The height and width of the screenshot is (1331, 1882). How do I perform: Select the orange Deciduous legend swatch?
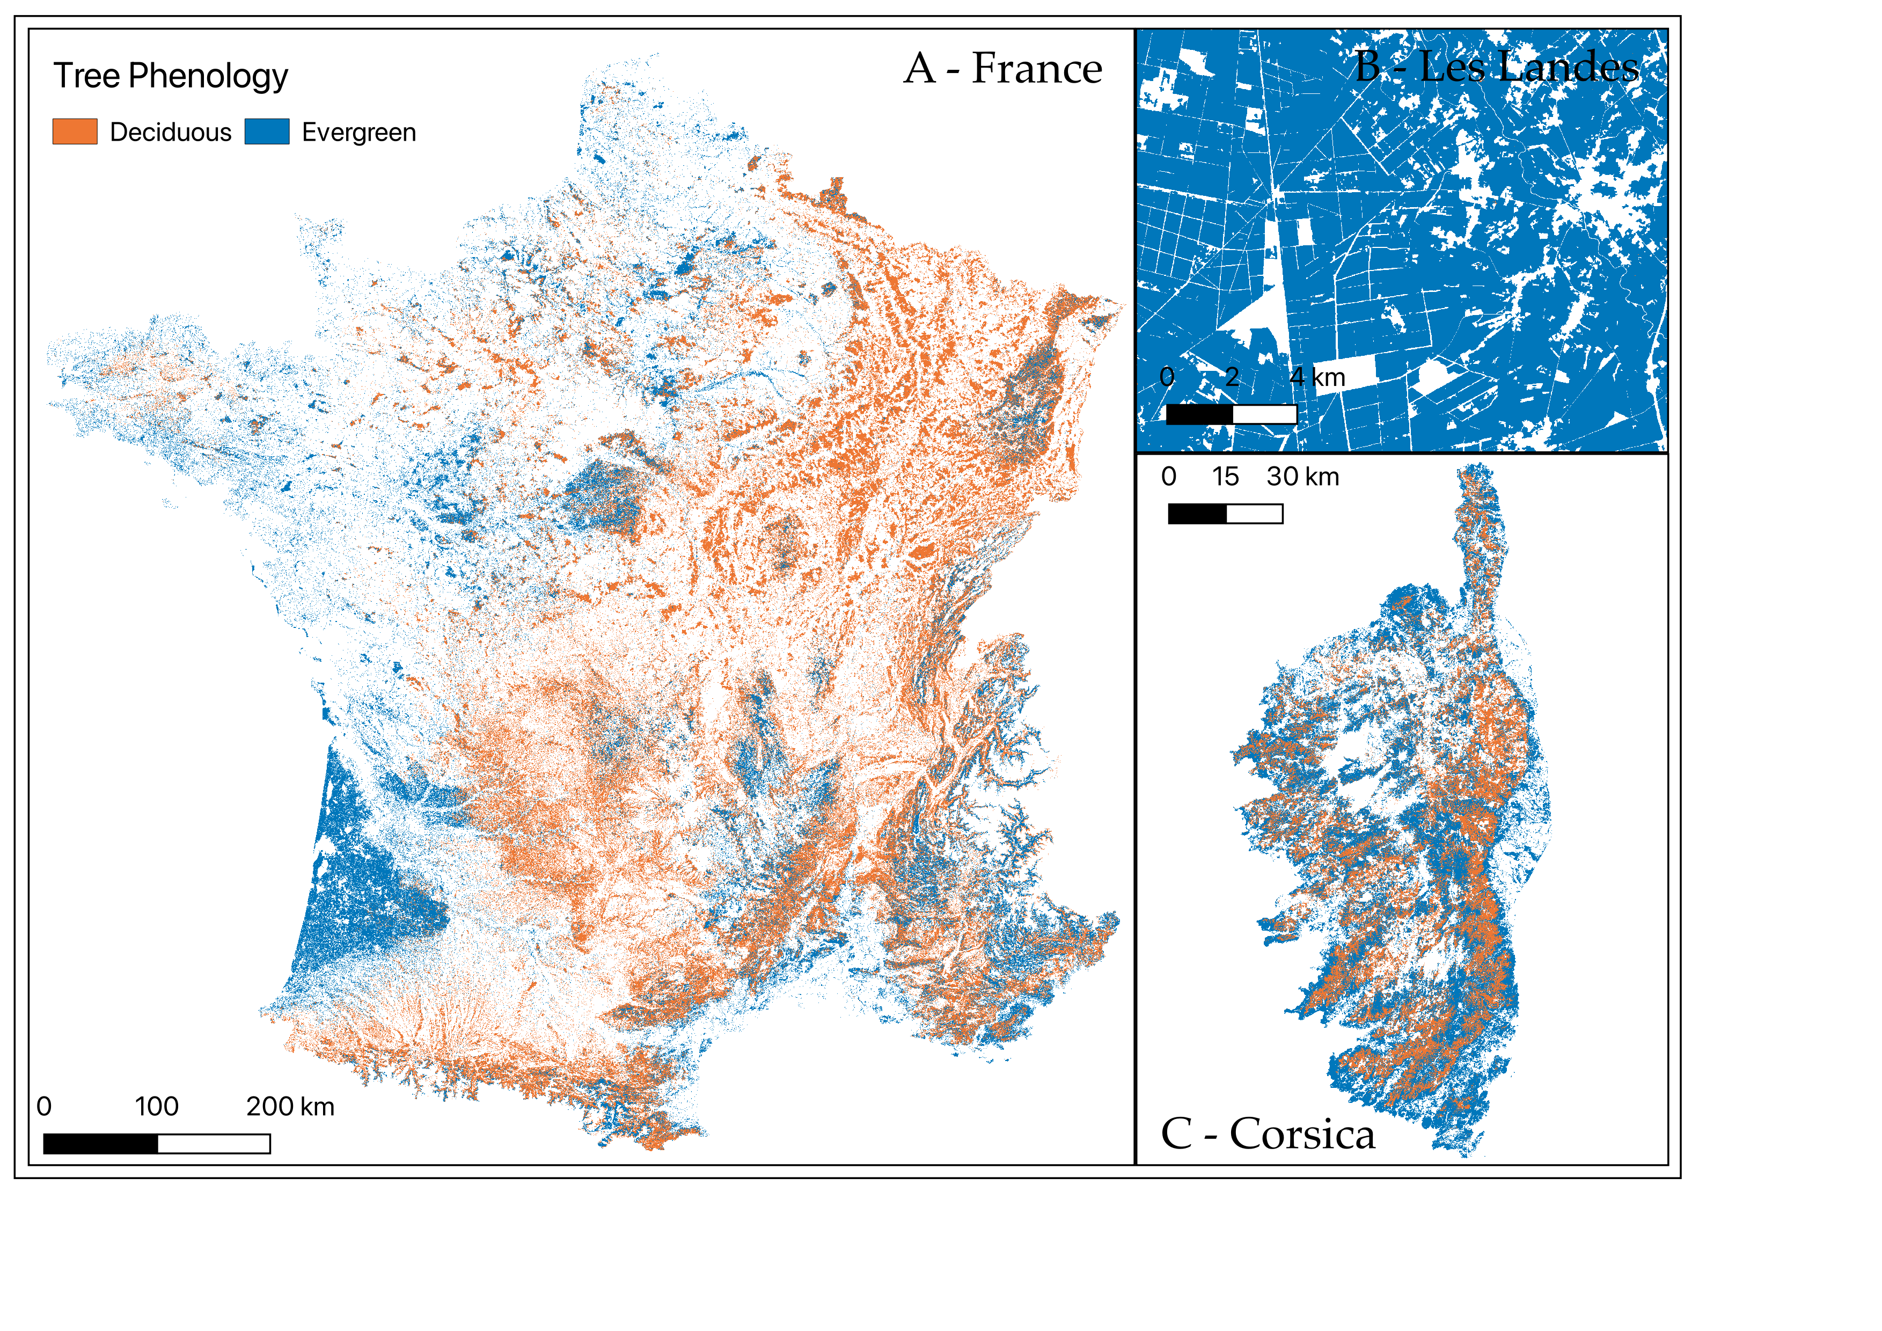point(75,131)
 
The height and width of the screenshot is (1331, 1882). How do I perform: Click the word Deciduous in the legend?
point(171,132)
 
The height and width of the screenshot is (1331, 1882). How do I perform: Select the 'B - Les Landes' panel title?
point(1496,67)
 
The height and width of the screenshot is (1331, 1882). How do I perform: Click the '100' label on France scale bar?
point(157,1107)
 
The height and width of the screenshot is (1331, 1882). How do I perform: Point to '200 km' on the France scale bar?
point(290,1107)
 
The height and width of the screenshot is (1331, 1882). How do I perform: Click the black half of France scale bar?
point(100,1143)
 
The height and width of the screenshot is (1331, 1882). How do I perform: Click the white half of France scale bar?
point(214,1143)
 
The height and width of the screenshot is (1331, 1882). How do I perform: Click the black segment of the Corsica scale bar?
point(1197,514)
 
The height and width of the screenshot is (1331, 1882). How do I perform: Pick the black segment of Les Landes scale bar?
point(1199,415)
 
